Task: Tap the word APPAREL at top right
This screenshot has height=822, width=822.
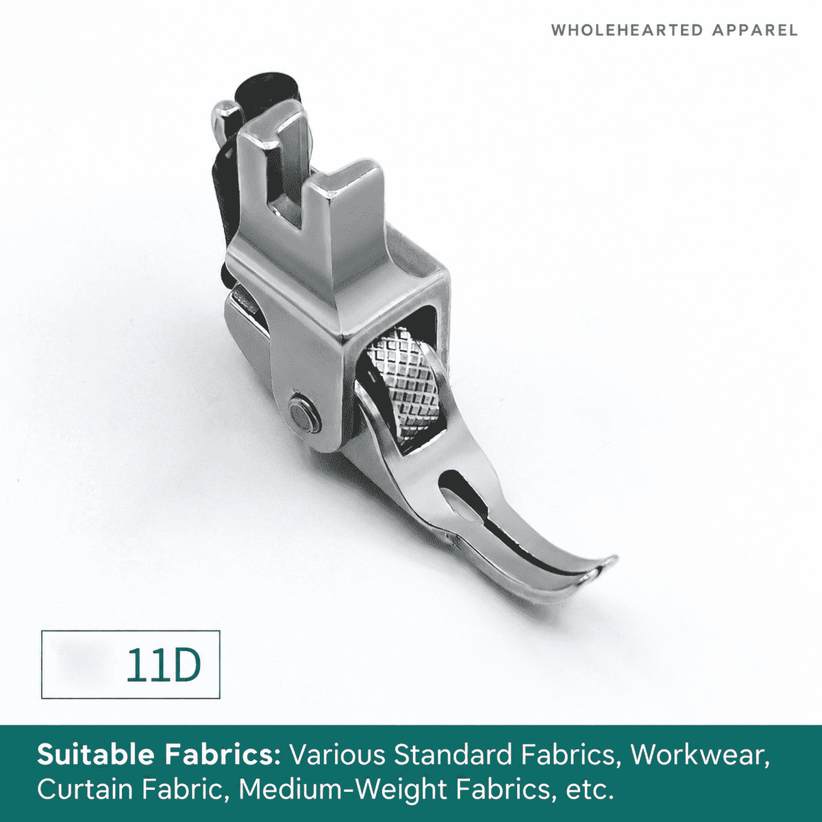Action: pos(755,30)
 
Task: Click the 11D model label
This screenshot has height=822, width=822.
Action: pos(164,665)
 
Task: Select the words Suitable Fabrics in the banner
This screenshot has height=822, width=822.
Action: pos(159,755)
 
